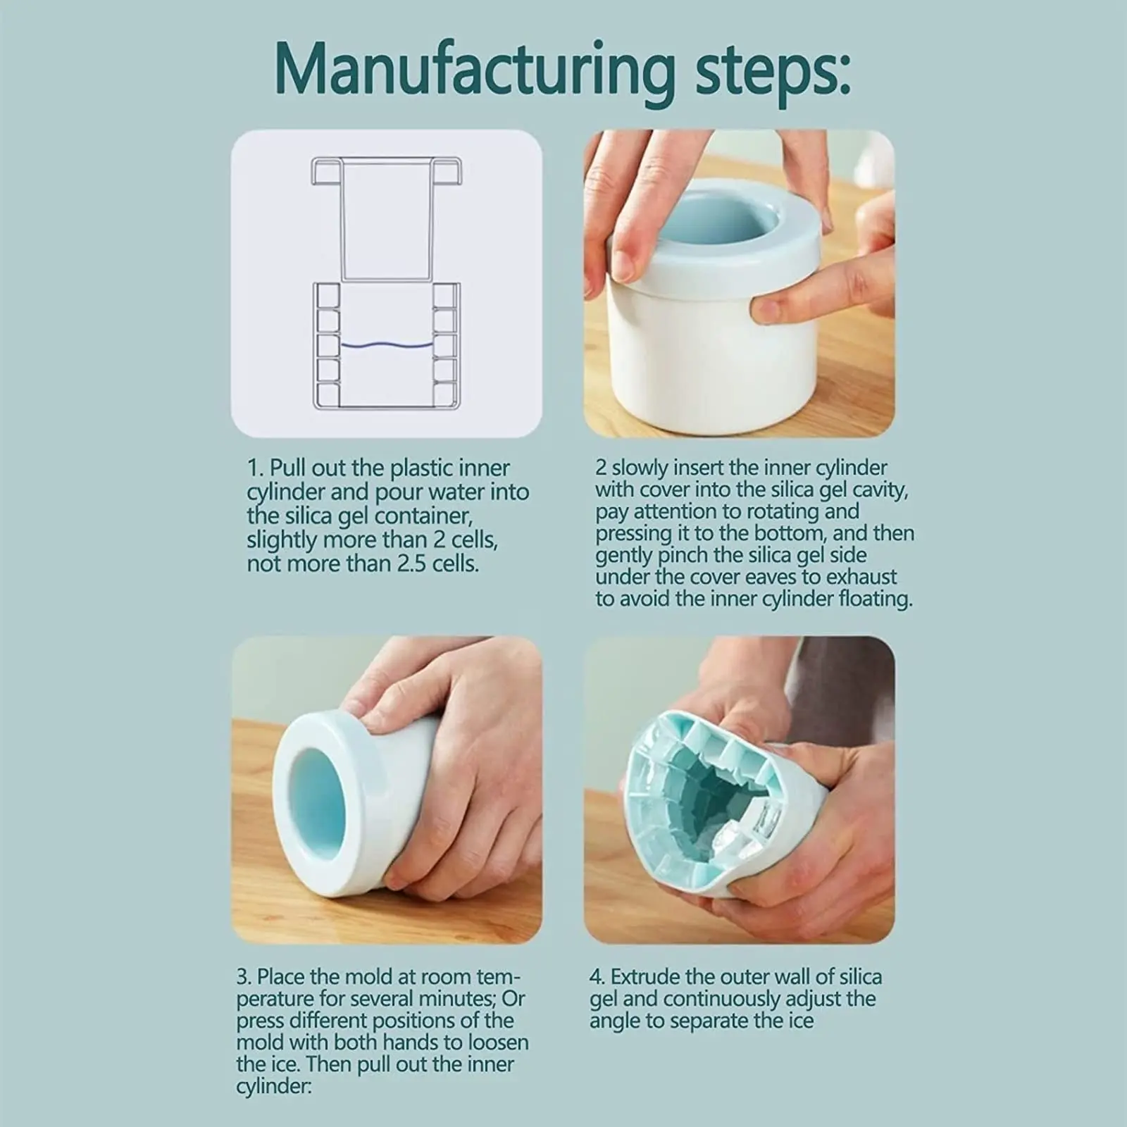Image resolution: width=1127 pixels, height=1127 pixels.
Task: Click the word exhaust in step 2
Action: [x=862, y=577]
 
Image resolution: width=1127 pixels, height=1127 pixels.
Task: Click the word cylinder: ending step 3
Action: [x=273, y=1087]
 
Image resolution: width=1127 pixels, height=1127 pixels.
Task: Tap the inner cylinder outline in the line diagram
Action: [x=387, y=218]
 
